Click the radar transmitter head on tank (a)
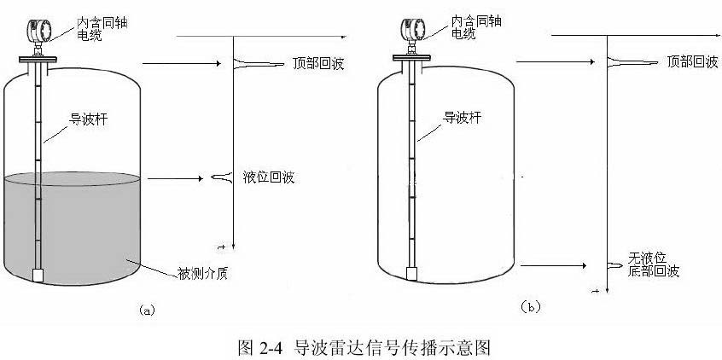38,31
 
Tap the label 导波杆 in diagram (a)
88,119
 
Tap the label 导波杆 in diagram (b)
462,118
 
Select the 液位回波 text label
269,177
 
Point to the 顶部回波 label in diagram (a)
318,63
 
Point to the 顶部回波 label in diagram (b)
692,61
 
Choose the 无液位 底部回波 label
654,264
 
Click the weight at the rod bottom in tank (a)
38,275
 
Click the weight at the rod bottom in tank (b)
412,274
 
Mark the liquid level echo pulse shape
222,177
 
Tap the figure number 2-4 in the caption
271,346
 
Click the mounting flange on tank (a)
38,60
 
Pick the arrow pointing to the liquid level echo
175,178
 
